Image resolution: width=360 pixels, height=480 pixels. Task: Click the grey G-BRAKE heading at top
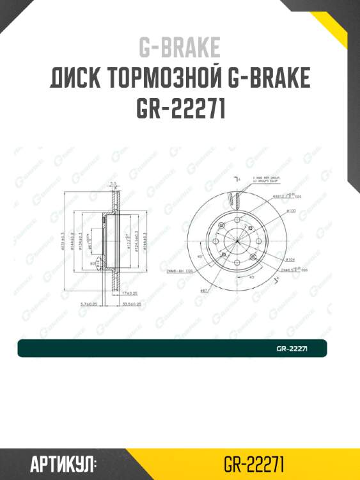[180, 48]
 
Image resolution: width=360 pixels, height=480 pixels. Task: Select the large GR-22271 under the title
[180, 109]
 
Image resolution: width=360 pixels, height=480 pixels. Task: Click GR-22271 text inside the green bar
[293, 349]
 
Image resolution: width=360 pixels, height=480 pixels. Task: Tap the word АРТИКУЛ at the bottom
[63, 463]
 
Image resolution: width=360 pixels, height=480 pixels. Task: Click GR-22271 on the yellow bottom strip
[254, 463]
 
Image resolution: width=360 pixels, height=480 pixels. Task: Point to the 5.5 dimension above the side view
[113, 184]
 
